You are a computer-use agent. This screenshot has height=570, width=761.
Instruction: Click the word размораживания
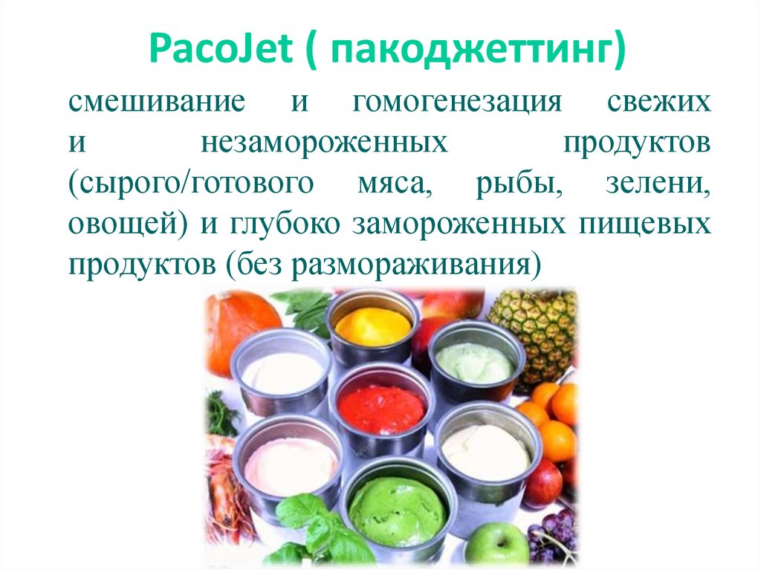pyautogui.click(x=413, y=264)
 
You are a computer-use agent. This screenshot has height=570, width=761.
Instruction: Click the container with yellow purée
pyautogui.click(x=372, y=325)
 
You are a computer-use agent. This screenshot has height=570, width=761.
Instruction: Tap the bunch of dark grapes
pyautogui.click(x=554, y=539)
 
